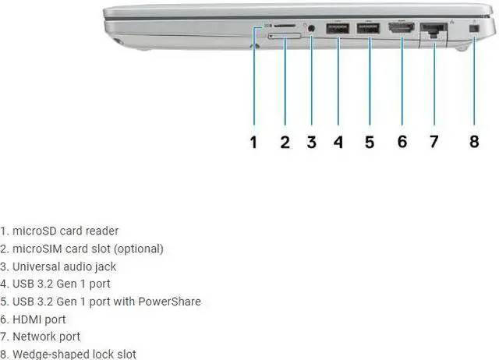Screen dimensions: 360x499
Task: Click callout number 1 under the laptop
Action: (253, 142)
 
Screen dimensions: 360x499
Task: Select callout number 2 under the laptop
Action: (285, 142)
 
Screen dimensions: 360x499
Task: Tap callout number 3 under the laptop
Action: (311, 142)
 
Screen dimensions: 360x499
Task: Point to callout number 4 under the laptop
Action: (338, 142)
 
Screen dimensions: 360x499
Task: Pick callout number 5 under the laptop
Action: (370, 142)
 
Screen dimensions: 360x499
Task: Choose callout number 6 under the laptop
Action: (402, 142)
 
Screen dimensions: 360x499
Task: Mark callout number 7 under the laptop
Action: (434, 142)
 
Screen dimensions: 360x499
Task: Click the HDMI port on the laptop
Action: (402, 29)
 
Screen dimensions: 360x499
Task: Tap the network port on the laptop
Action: (432, 30)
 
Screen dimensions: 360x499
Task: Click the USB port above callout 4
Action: (338, 29)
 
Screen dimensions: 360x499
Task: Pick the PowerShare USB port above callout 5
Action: (368, 29)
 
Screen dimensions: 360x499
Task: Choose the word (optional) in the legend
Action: (140, 249)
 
